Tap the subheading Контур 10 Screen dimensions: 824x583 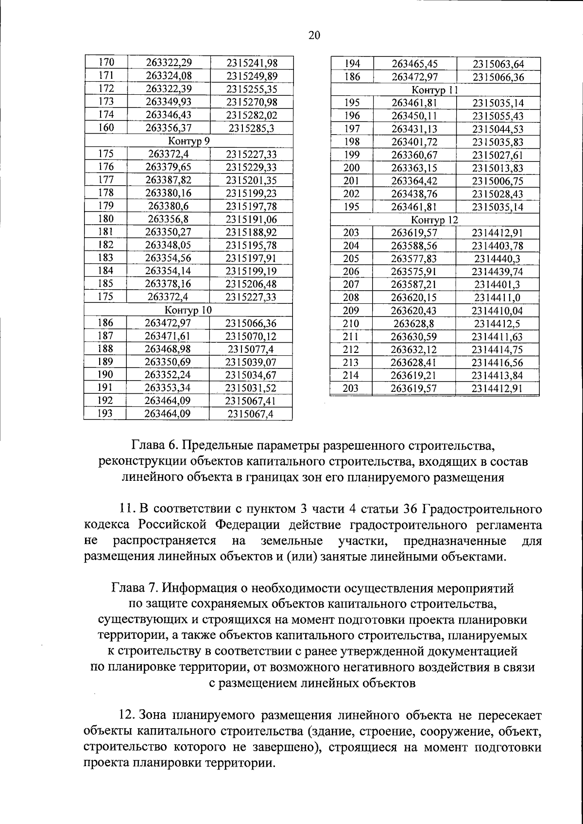[x=188, y=310]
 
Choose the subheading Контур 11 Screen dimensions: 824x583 [x=435, y=90]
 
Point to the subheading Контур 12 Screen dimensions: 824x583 [x=434, y=220]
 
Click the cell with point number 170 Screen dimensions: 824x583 [x=106, y=62]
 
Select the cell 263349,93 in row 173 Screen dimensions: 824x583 [x=169, y=102]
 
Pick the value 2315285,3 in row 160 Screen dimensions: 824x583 [x=251, y=128]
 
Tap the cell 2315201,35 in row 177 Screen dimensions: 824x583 [x=251, y=180]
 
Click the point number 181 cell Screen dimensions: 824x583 [x=105, y=231]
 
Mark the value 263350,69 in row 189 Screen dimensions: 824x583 [x=168, y=362]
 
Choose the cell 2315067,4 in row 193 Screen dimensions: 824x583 [x=250, y=414]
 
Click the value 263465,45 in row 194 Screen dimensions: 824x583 [x=414, y=64]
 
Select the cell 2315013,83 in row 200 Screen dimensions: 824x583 [x=498, y=168]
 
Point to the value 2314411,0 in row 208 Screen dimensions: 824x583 [x=497, y=298]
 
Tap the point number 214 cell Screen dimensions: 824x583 [x=351, y=375]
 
